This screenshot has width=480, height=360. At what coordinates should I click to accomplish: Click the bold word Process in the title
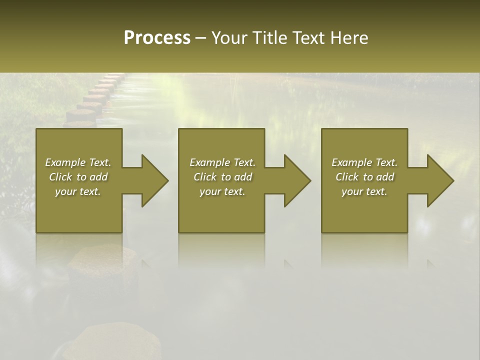pos(157,38)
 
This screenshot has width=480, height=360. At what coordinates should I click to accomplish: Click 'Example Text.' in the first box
pos(78,162)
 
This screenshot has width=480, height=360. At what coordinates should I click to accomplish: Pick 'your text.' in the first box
pos(78,191)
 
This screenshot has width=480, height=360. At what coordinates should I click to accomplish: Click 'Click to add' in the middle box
pos(222,177)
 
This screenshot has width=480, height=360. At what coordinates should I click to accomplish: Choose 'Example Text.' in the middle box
pos(222,162)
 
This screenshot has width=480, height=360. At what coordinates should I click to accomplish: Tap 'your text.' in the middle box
pos(222,191)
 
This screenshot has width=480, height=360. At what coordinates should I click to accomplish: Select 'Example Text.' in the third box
pos(364,162)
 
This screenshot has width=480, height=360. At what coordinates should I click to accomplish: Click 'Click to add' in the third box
pos(364,177)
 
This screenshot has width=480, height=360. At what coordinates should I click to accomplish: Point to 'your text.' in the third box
pos(364,191)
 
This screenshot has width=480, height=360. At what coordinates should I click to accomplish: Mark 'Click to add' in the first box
pos(78,177)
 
